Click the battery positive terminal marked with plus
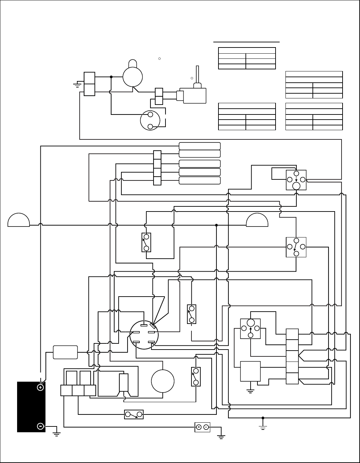point(40,387)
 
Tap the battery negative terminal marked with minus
point(40,426)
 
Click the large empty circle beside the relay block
point(163,381)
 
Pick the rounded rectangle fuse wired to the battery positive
point(65,352)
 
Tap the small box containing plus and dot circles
point(202,427)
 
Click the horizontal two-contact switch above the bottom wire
point(134,414)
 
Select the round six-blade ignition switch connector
point(144,335)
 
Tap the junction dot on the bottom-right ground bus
point(263,418)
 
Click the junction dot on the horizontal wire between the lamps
point(216,225)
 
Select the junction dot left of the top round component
point(111,77)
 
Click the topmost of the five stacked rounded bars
point(200,146)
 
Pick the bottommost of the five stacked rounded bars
point(200,180)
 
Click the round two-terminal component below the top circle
point(150,120)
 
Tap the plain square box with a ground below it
point(251,371)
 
